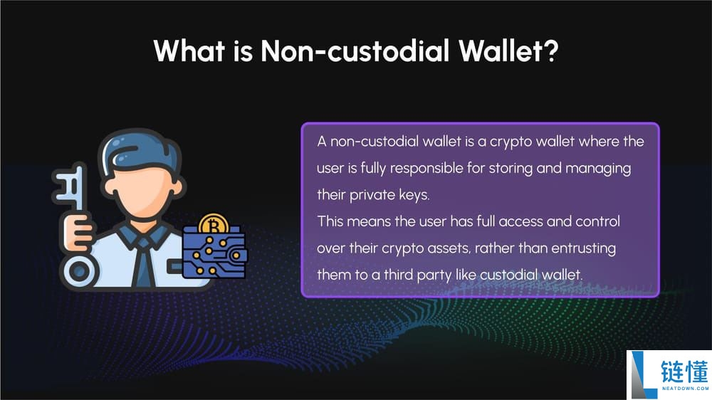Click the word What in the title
(x=189, y=51)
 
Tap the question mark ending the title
(x=551, y=51)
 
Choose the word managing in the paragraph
(x=598, y=169)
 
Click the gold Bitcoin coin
(x=214, y=223)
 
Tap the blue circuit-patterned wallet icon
(x=214, y=252)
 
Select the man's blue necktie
(x=144, y=264)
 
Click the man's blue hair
(x=140, y=153)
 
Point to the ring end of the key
(x=80, y=271)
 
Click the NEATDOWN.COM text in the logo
(x=685, y=389)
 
